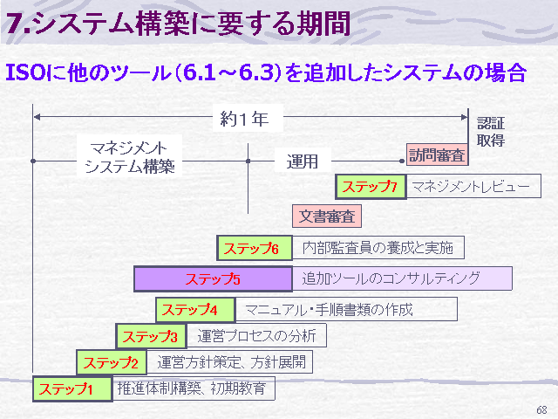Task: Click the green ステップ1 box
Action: point(72,388)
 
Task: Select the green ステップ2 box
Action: point(112,362)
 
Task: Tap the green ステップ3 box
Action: point(151,336)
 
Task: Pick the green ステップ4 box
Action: point(195,310)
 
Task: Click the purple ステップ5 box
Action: point(213,278)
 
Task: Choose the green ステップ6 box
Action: point(255,248)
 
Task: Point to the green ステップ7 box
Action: point(371,186)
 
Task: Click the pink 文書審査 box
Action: point(327,216)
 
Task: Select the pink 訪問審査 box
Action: point(437,155)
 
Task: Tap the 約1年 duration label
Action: point(244,119)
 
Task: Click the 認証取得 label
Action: point(491,132)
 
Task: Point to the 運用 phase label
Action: point(303,161)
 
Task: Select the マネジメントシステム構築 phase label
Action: point(130,157)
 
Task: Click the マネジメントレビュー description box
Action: point(473,186)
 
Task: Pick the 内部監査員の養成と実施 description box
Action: point(378,248)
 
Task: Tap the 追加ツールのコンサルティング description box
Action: point(402,278)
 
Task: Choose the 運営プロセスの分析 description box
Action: point(256,335)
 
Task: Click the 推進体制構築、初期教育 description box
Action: point(194,388)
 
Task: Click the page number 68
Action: point(541,410)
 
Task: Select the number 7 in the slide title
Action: point(15,24)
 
